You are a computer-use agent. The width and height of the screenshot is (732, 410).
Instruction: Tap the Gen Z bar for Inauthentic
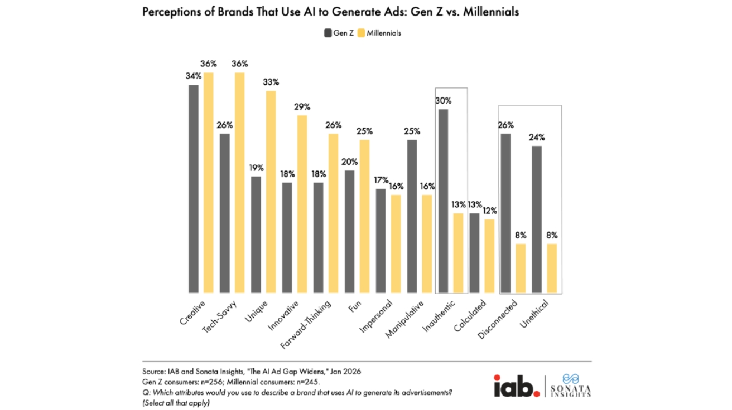click(x=444, y=201)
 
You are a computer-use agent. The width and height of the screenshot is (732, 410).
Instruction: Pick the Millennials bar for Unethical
click(x=553, y=268)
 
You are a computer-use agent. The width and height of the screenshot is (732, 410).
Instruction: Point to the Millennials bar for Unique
click(x=271, y=192)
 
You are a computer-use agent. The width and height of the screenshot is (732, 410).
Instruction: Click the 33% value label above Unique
click(x=271, y=82)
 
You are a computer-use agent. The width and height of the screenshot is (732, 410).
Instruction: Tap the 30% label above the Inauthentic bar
click(x=444, y=101)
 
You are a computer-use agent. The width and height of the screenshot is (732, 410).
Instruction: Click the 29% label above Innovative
click(x=302, y=106)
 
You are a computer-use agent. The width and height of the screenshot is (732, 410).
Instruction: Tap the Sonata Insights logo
click(x=569, y=385)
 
